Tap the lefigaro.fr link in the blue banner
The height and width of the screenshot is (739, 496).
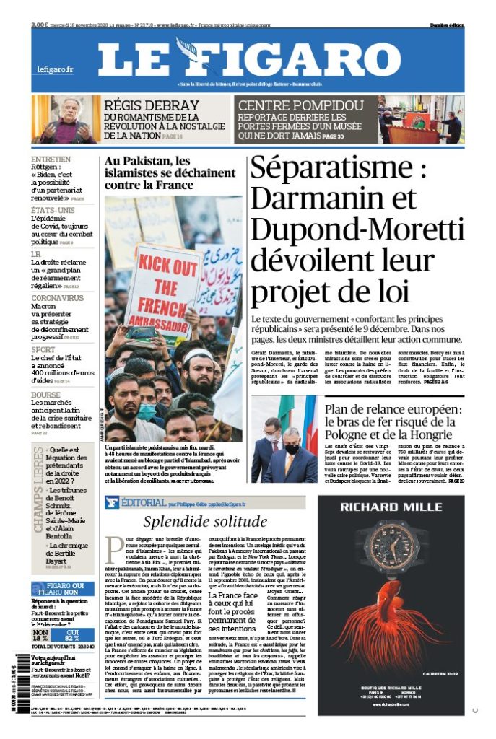tap(56, 70)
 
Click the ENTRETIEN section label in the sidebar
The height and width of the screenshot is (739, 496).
tap(51, 159)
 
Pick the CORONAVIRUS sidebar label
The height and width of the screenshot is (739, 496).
tap(58, 297)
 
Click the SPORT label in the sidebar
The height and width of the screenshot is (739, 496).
tap(43, 349)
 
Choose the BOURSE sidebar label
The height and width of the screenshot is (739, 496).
tap(45, 395)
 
